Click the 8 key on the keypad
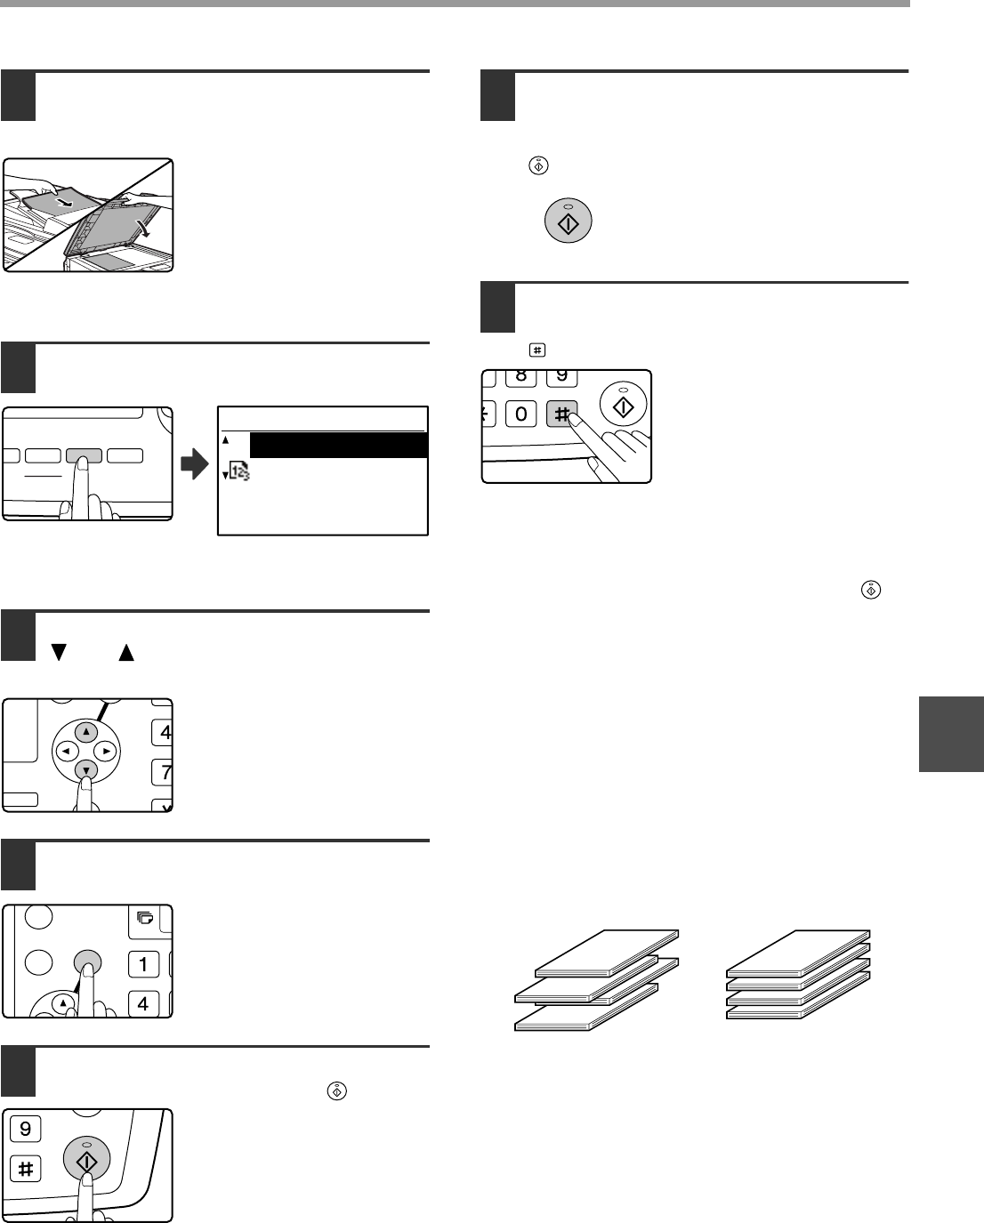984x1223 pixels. click(x=521, y=376)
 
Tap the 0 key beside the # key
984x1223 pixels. click(x=521, y=414)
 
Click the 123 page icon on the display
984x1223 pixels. click(x=238, y=477)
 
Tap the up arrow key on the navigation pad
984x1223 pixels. click(x=86, y=732)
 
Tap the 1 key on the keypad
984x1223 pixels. click(x=143, y=963)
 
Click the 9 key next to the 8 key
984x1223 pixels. click(x=561, y=376)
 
